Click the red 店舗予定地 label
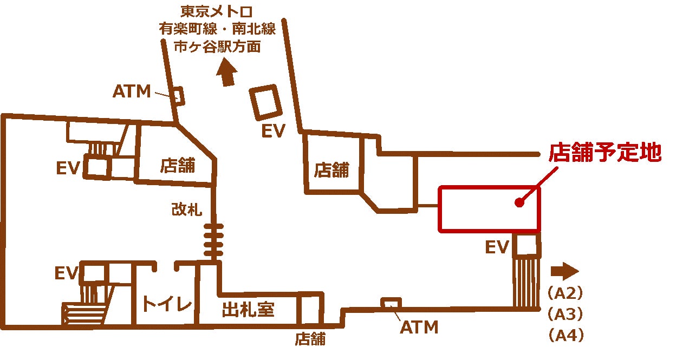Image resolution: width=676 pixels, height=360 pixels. click(605, 153)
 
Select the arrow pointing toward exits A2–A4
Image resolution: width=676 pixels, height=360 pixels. click(564, 271)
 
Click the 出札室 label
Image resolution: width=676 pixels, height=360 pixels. click(248, 310)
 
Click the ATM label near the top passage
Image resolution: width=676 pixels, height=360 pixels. click(132, 91)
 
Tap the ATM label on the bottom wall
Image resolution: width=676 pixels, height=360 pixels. click(419, 327)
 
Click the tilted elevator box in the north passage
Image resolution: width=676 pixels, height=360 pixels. click(265, 101)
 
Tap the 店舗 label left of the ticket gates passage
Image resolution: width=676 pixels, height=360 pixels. click(178, 165)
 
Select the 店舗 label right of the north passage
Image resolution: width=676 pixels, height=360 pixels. click(331, 171)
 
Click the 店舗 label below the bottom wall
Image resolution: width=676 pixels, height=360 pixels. click(310, 339)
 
